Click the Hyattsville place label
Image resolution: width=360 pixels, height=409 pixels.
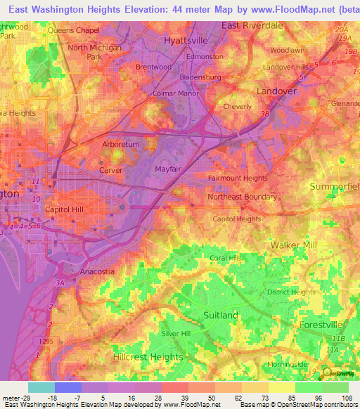coord(186,41)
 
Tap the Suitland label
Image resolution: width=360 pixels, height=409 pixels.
coord(220,316)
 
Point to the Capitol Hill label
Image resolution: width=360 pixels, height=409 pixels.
coord(65,210)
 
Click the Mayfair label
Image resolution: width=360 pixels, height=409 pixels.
coord(169,169)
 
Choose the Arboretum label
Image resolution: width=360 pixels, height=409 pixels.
coord(102,144)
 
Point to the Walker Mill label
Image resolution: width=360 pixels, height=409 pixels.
coord(294,245)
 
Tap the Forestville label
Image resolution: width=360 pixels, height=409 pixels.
coord(320,325)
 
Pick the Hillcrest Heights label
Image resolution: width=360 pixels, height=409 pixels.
coord(148,357)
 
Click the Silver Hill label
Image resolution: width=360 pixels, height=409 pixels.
coord(176,333)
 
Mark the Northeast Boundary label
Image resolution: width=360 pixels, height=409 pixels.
coord(242,197)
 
